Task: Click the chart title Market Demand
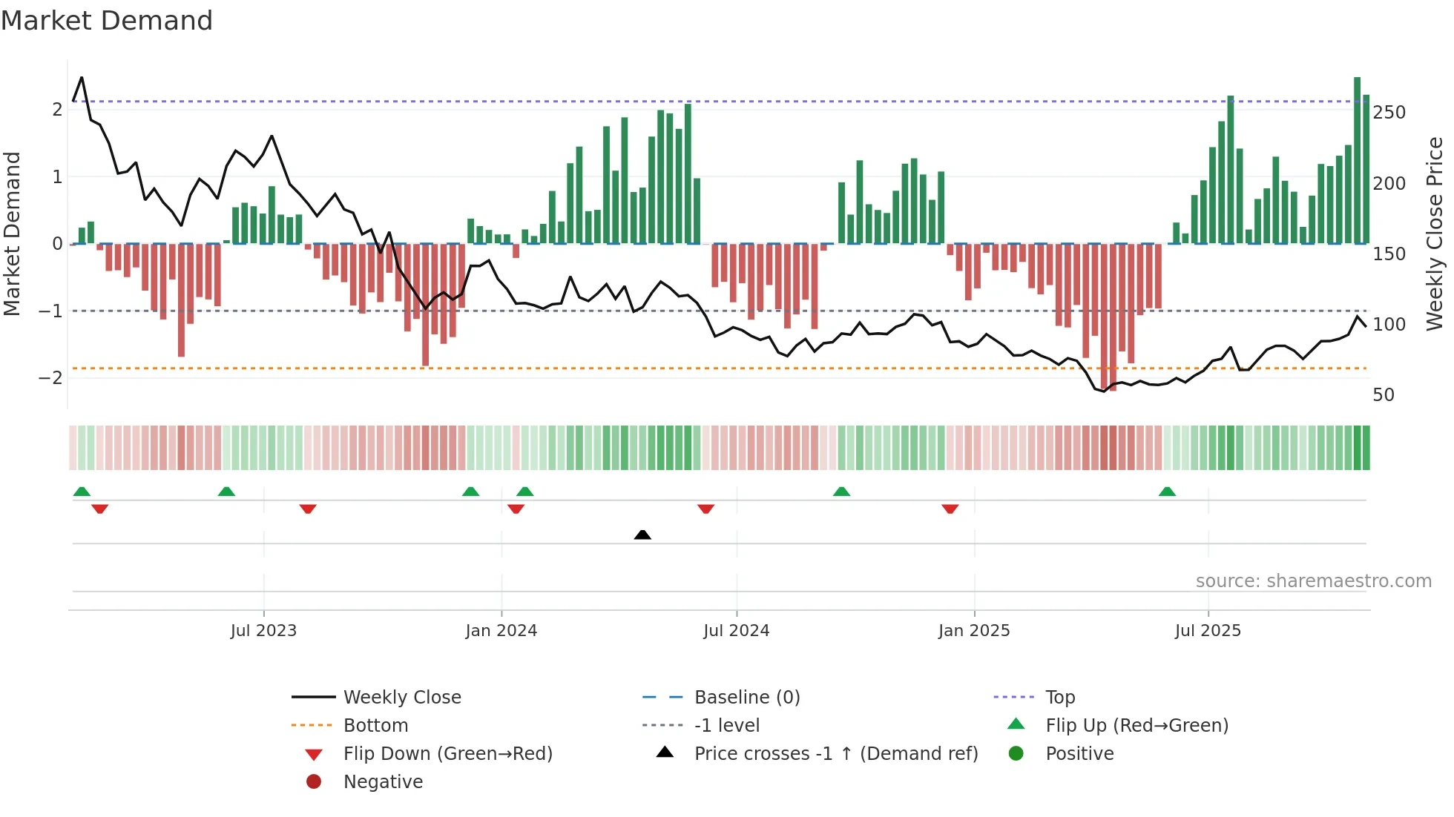(107, 21)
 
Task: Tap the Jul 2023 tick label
(263, 631)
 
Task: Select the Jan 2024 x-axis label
(501, 631)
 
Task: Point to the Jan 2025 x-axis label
(973, 631)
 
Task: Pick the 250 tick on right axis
(1389, 113)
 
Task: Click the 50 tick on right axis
(1384, 395)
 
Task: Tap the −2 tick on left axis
(50, 378)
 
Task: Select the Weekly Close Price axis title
(1435, 234)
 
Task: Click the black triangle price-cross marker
(642, 535)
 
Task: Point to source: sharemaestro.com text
(1313, 581)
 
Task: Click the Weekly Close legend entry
(401, 698)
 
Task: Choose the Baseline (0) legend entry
(746, 698)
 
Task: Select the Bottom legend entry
(375, 726)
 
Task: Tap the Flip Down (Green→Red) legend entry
(447, 754)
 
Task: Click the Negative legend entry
(383, 782)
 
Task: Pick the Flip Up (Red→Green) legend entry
(1136, 726)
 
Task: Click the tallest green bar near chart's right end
(1357, 159)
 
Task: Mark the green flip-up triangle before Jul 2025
(1167, 492)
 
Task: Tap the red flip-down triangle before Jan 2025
(950, 509)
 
